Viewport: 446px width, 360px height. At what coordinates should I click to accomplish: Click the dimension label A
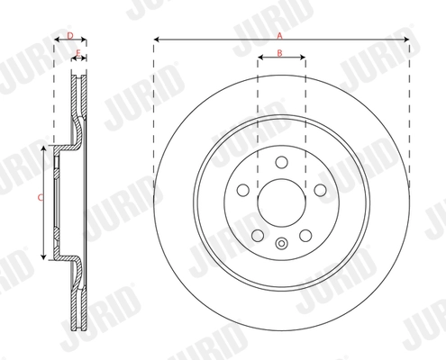pyautogui.click(x=279, y=34)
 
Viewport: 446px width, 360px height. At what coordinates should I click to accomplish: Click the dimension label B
pyautogui.click(x=280, y=54)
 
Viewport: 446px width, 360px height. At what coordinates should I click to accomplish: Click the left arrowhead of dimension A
pyautogui.click(x=156, y=40)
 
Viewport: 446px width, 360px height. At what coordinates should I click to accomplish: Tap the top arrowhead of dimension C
pyautogui.click(x=44, y=146)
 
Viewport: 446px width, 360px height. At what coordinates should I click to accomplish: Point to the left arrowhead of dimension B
pyautogui.click(x=260, y=59)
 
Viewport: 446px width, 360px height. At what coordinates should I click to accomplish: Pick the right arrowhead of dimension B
pyautogui.click(x=303, y=59)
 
